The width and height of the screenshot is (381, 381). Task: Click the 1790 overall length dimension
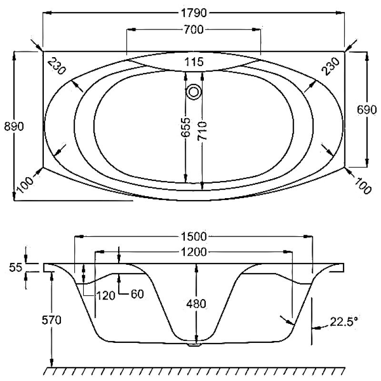point(194,13)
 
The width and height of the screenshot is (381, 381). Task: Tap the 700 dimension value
point(193,30)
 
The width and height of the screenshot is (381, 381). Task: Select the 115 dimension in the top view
point(194,62)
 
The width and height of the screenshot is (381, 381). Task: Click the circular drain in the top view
point(194,92)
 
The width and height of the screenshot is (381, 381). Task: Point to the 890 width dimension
point(14,126)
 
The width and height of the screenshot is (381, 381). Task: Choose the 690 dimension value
point(367,110)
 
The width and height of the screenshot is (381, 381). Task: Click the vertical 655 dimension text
point(186,127)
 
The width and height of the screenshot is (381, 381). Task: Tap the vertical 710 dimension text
point(202,131)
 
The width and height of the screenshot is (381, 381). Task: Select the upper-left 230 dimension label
point(57,66)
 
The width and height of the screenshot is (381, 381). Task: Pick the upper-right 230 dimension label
point(330,66)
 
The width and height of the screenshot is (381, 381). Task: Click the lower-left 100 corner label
point(26,185)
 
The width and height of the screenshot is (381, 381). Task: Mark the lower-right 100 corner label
point(363,186)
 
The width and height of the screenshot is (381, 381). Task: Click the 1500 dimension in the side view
point(194,236)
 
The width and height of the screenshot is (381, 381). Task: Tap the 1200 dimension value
point(194,252)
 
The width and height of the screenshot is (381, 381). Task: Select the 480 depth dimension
point(196,304)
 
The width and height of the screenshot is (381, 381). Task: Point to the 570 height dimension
point(51,320)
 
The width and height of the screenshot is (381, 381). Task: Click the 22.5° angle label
point(344,321)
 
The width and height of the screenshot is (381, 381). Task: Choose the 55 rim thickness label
point(16,268)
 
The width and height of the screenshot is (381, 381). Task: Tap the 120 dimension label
point(106,296)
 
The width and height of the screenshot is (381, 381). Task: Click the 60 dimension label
point(137,294)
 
